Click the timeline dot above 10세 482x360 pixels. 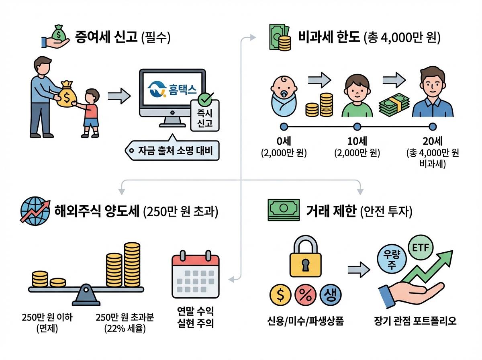357,127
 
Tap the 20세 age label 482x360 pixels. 432,141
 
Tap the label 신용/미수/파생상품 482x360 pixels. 305,322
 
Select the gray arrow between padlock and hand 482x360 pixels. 359,268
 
